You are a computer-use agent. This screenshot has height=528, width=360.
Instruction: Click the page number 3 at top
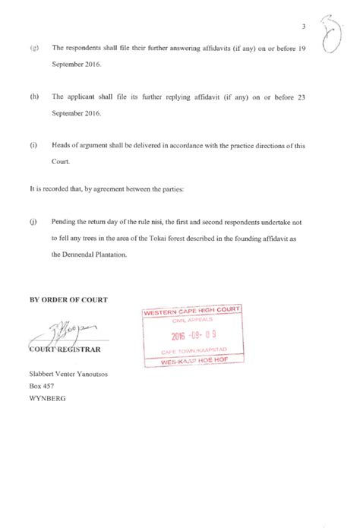point(304,27)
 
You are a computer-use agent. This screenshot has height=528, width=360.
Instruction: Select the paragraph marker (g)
point(35,48)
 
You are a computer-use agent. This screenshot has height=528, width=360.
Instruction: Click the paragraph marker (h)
point(35,98)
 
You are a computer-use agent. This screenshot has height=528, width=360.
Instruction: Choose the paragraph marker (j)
point(34,223)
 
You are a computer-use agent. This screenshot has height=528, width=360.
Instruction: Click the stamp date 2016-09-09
point(194,334)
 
